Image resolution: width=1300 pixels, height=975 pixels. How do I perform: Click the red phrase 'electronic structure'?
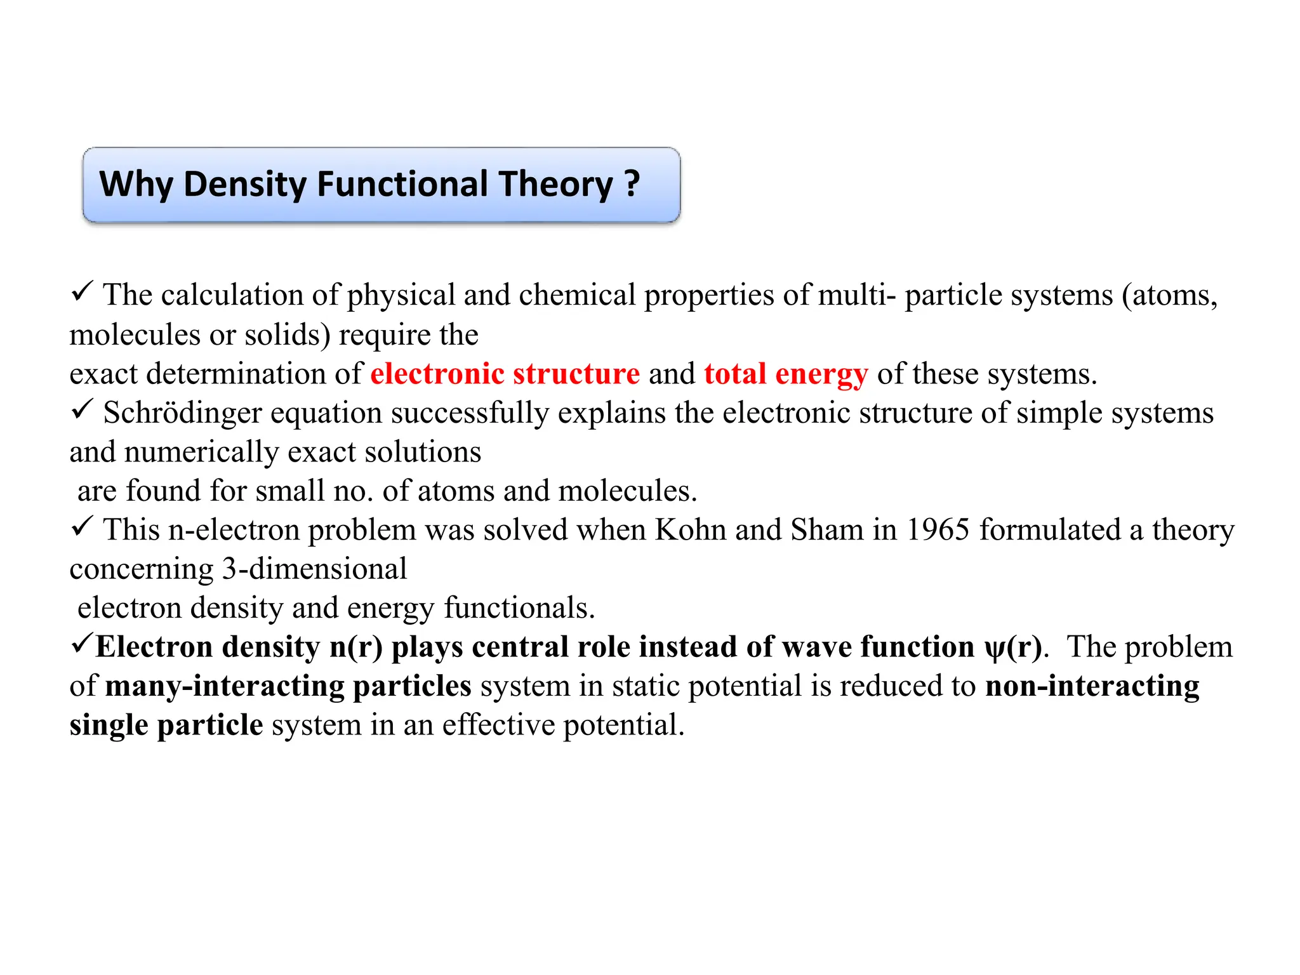[505, 373]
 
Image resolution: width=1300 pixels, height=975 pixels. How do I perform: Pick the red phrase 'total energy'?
[786, 373]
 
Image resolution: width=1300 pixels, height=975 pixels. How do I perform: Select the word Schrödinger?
[183, 413]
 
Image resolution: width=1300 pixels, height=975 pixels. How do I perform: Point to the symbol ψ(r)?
[1012, 647]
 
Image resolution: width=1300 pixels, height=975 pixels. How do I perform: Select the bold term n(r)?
[356, 647]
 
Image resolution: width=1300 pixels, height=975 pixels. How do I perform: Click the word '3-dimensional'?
[314, 569]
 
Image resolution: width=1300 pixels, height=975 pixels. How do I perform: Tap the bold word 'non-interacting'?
[1092, 686]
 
